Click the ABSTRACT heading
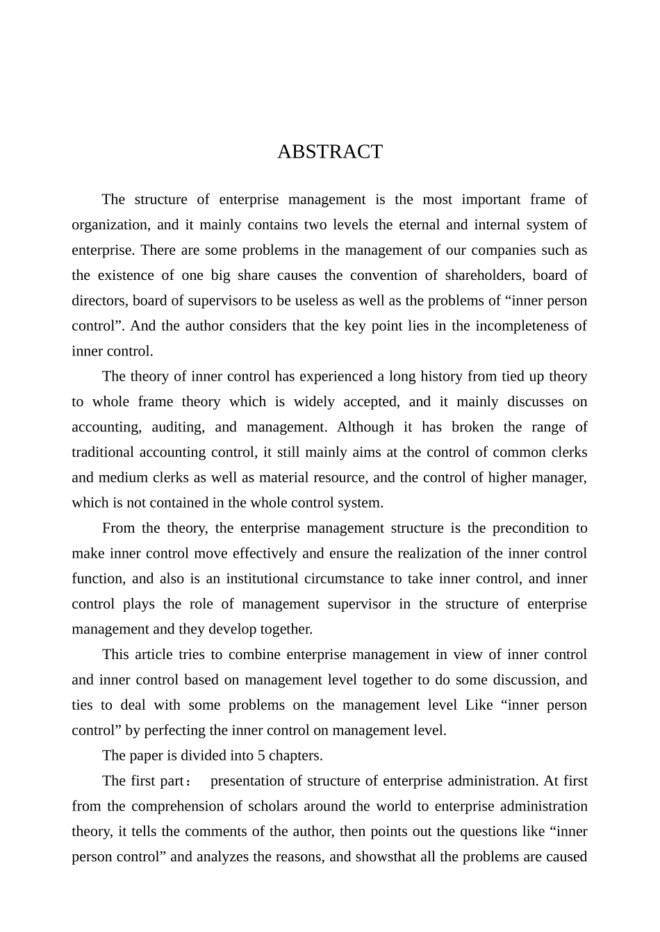[329, 152]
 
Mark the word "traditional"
[104, 453]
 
